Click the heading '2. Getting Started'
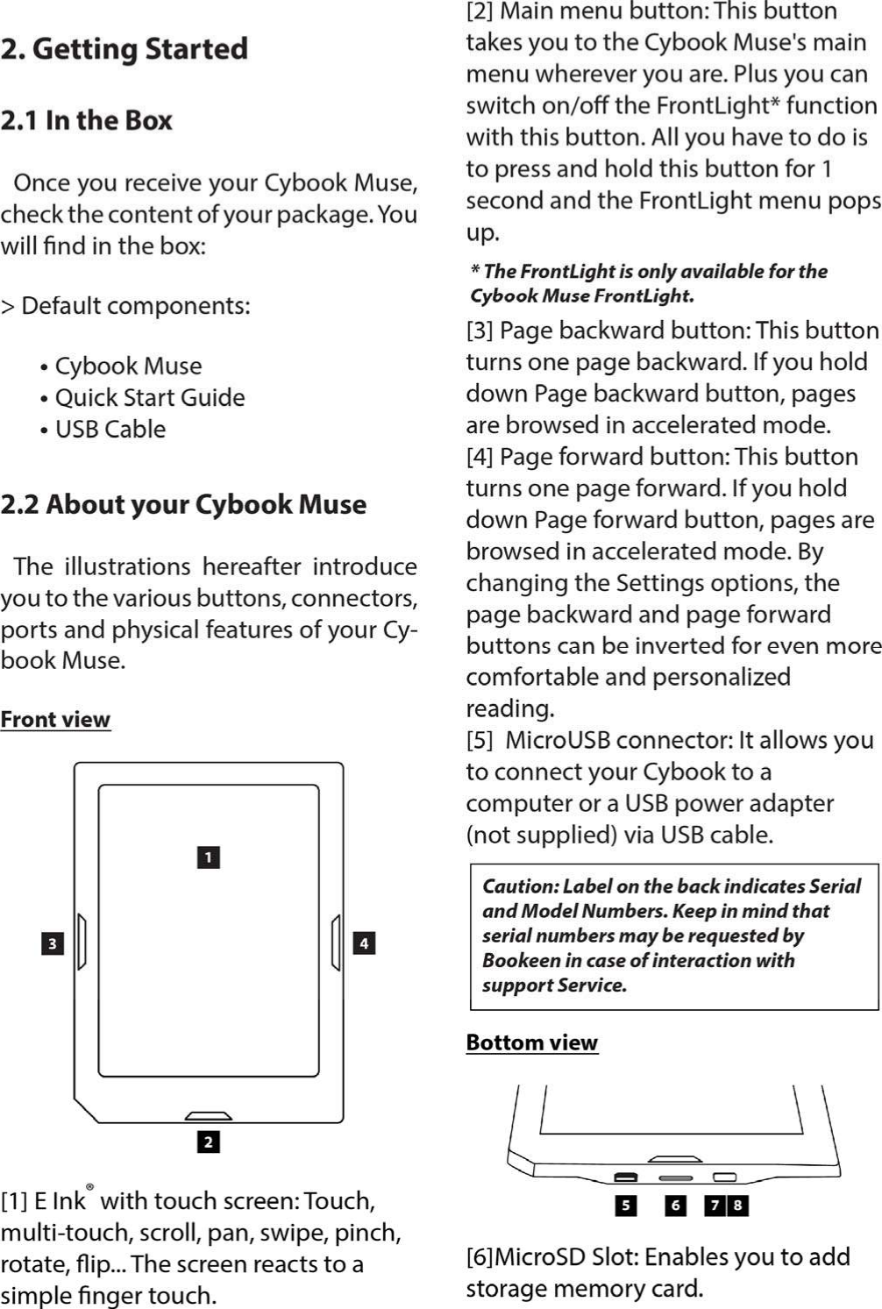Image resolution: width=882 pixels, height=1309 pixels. click(124, 49)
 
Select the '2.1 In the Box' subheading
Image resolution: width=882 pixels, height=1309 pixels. click(87, 120)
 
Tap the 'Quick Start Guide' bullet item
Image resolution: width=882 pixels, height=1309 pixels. click(149, 397)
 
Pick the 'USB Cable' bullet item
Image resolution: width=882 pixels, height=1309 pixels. click(110, 429)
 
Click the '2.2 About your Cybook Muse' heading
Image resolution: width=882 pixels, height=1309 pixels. click(183, 504)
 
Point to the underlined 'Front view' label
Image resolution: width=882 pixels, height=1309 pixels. click(55, 719)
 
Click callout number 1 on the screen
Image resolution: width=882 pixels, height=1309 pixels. click(208, 857)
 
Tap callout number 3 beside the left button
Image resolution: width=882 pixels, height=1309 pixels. click(53, 943)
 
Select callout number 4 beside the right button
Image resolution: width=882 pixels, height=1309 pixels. click(364, 943)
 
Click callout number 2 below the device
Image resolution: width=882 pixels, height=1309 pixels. click(208, 1142)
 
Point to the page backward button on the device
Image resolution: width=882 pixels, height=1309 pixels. click(82, 943)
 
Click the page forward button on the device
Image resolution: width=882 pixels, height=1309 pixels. click(336, 943)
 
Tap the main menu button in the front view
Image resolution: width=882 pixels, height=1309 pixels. click(209, 1116)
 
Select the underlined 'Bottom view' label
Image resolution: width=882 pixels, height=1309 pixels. click(531, 1042)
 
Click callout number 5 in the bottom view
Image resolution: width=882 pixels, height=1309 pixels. click(625, 1206)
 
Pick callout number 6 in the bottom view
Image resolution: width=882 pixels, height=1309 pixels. click(674, 1206)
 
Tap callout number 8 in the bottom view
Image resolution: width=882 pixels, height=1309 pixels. click(738, 1206)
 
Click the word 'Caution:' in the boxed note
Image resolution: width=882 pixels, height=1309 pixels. click(521, 886)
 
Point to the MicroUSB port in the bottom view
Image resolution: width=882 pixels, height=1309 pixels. click(625, 1177)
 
